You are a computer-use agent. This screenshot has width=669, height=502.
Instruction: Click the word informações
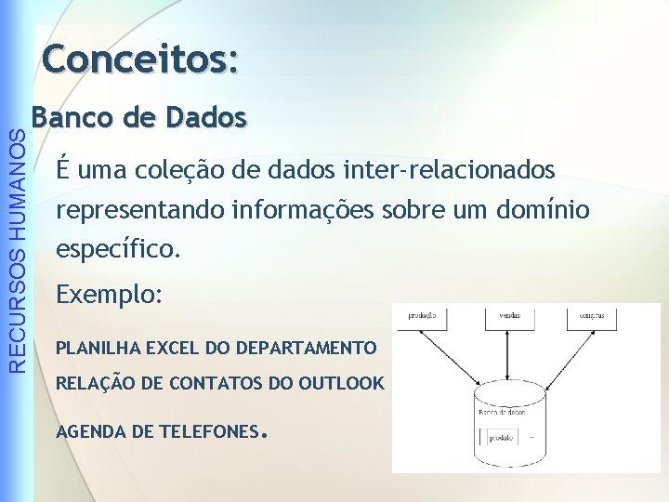[x=306, y=211]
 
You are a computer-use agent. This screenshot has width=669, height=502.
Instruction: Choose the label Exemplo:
[x=110, y=295]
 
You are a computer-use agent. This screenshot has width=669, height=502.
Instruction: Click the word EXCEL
[x=176, y=349]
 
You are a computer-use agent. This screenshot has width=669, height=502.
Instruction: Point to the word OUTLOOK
[x=341, y=382]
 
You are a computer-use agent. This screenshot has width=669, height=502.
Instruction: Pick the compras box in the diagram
[x=593, y=317]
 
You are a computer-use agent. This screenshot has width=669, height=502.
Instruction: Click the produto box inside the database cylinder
[x=498, y=436]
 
